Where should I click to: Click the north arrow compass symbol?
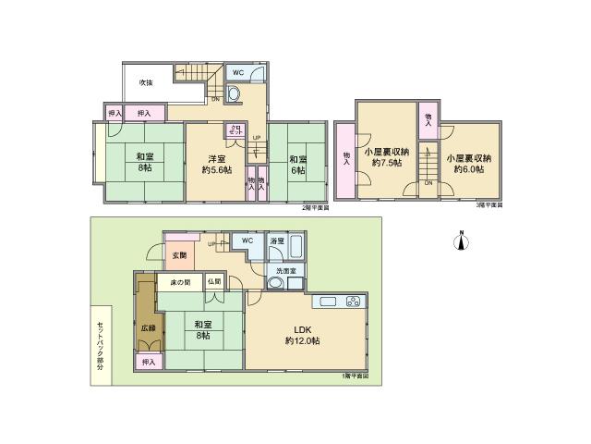[x=459, y=241]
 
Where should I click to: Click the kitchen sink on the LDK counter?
[x=329, y=302]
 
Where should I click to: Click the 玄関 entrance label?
[x=178, y=256]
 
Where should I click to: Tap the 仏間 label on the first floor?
[x=213, y=281]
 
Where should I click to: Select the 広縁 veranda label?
[x=148, y=326]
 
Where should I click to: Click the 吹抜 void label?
[x=145, y=83]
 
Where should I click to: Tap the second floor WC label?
[x=237, y=72]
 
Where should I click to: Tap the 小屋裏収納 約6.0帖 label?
[x=468, y=162]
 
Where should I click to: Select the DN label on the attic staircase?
[x=428, y=182]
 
